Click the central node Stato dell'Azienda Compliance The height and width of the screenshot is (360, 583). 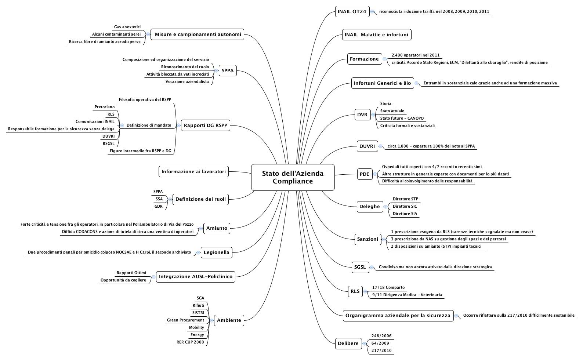(x=293, y=177)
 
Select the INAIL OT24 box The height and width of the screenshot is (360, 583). (x=352, y=12)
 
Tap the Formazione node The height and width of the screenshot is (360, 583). (x=364, y=59)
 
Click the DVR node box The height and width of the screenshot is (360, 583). (x=362, y=115)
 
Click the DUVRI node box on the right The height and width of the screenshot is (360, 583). (x=367, y=146)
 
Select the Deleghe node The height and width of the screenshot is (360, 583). (x=369, y=207)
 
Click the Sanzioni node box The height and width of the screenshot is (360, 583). (x=367, y=239)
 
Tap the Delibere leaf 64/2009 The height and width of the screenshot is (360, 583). (x=380, y=343)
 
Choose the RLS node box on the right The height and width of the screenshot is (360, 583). (x=355, y=291)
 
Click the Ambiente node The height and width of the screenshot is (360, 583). (x=229, y=320)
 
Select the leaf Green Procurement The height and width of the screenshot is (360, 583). (x=185, y=320)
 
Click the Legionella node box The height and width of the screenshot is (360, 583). (x=216, y=252)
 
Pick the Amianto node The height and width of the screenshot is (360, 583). (x=217, y=228)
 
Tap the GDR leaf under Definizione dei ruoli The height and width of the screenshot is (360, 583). (x=158, y=207)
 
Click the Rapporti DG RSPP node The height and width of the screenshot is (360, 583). (x=205, y=126)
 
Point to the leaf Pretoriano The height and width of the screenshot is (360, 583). (x=104, y=107)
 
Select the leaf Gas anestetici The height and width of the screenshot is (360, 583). (x=127, y=27)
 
